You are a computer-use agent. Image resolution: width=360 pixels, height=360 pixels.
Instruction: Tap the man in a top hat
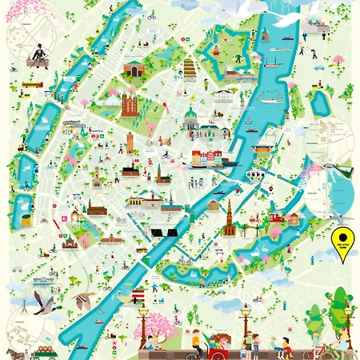[34, 54]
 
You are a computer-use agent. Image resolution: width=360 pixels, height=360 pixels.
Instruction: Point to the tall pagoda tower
[189, 70]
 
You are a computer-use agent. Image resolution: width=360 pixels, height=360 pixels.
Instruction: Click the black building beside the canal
[165, 232]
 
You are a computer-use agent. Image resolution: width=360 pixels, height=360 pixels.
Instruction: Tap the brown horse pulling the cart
[14, 352]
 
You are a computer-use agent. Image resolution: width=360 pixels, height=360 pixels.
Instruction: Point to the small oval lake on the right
[322, 101]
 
